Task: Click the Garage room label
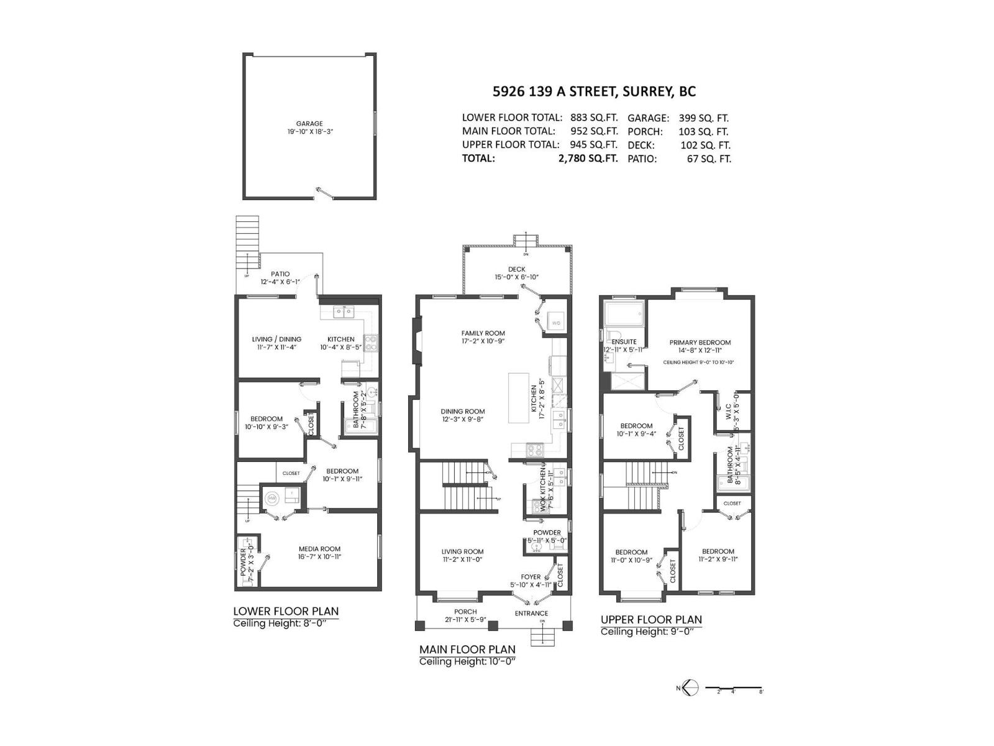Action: pos(309,124)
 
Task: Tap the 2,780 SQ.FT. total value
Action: pos(588,159)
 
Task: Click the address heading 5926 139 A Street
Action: pos(594,91)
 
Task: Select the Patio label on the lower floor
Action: pos(280,274)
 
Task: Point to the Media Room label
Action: pos(319,549)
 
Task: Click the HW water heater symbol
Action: pos(272,498)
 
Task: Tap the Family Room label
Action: pos(483,333)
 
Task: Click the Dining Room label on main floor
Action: pos(463,412)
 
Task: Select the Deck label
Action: pos(516,269)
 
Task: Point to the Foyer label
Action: pos(531,577)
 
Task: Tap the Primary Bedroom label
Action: pos(700,343)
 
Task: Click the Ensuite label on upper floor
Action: pos(624,342)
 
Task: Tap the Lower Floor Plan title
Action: pos(286,611)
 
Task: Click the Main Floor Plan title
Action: pos(467,650)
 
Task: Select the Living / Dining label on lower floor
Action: pos(276,339)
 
